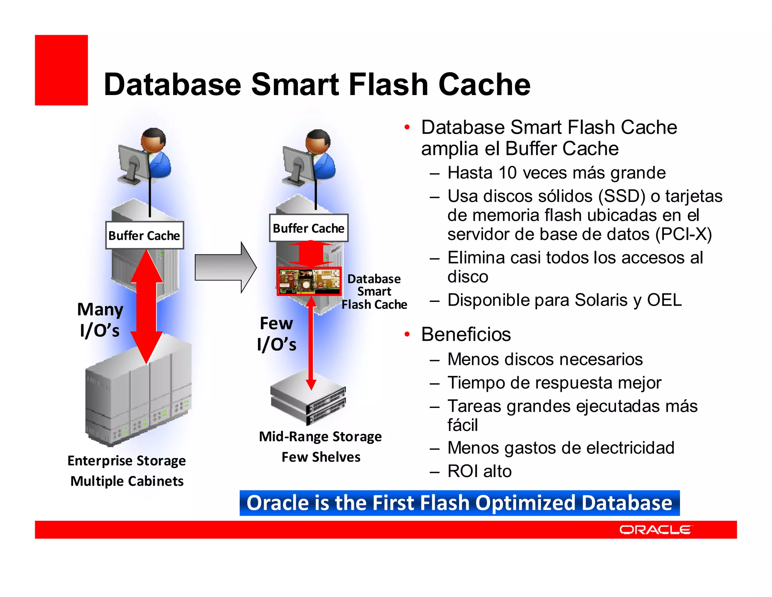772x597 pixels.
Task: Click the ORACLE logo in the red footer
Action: coord(655,530)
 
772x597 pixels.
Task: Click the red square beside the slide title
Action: coord(61,70)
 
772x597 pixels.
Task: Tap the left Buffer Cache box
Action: coord(144,235)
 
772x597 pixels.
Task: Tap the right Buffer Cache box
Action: coord(308,228)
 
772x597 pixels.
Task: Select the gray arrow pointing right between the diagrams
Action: coord(225,268)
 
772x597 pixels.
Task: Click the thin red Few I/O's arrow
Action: coord(311,343)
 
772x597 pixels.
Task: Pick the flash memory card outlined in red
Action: coord(309,281)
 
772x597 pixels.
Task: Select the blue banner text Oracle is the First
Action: coord(459,503)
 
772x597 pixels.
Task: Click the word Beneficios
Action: coord(466,334)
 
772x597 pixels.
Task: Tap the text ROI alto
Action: coord(479,471)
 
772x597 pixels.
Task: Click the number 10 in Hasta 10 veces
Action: coord(507,173)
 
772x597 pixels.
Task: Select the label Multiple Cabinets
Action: coord(127,481)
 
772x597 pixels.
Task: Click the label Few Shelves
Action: coord(321,457)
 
